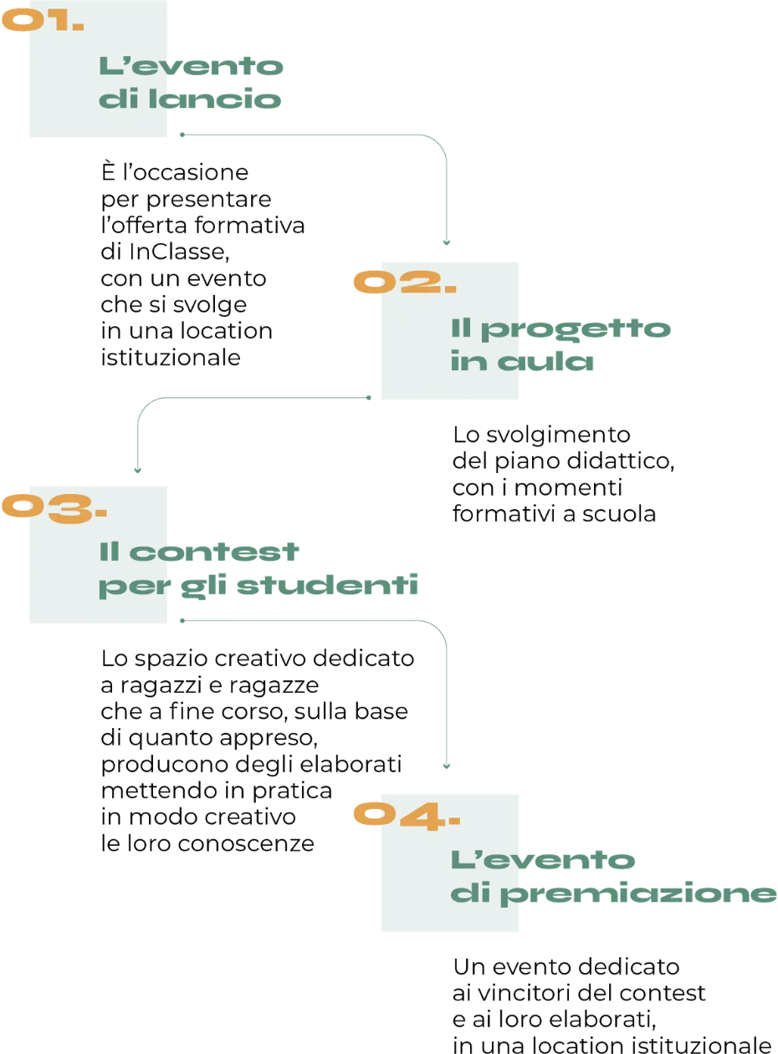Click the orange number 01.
pyautogui.click(x=42, y=21)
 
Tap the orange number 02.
pyautogui.click(x=402, y=283)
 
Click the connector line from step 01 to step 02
pyautogui.click(x=448, y=192)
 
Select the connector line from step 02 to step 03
pyautogui.click(x=251, y=398)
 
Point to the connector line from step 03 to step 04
pyautogui.click(x=448, y=702)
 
